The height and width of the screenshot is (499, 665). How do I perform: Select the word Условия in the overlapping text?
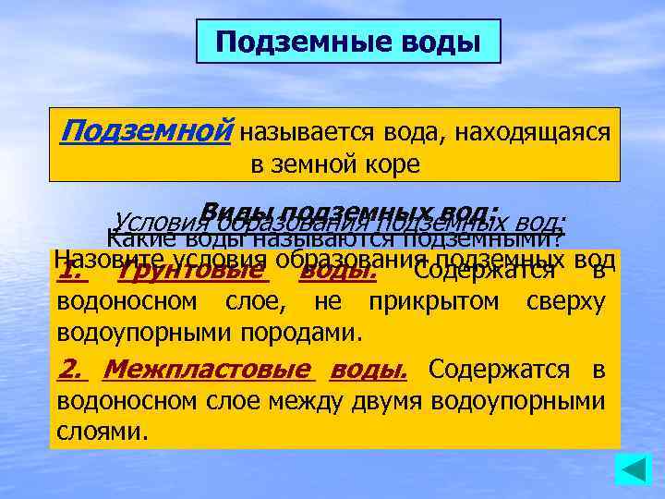click(x=153, y=222)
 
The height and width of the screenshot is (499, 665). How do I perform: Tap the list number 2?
click(x=70, y=370)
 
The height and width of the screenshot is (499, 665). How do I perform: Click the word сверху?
click(x=565, y=302)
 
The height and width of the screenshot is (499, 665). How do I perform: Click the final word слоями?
click(x=102, y=431)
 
